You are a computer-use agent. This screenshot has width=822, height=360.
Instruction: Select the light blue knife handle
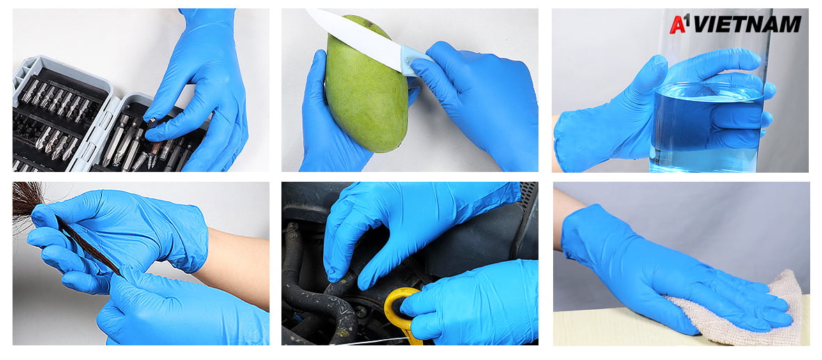click(x=415, y=61)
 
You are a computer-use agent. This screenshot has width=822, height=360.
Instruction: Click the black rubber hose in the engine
click(x=315, y=293)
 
